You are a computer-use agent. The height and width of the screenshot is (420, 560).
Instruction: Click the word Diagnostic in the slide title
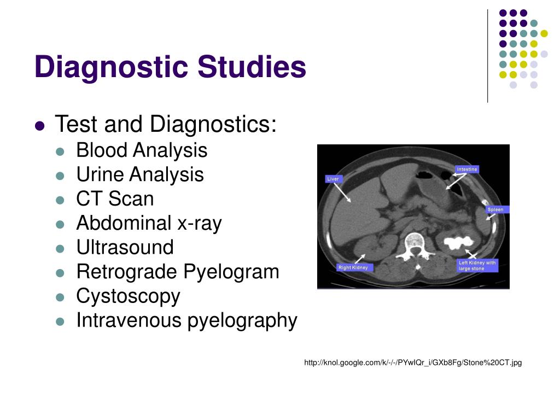coord(111,67)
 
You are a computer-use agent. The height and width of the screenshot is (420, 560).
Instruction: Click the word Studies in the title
coord(252,66)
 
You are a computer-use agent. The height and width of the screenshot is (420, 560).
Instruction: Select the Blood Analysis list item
coord(142,150)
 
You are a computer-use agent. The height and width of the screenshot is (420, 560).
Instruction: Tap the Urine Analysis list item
coord(140,174)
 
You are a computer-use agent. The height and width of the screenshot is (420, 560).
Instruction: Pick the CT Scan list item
coord(115,199)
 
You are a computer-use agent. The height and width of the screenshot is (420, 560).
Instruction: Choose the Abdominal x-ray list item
coord(149,223)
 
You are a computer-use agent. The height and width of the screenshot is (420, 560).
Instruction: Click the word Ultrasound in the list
coord(125,247)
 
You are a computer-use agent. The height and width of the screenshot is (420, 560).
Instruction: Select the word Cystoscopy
coord(128,296)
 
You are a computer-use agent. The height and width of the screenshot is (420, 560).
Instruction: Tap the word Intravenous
coord(129,320)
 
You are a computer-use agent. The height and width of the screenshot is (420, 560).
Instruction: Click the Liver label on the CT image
coord(333,179)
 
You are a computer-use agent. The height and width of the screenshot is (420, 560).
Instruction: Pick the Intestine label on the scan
coord(467,170)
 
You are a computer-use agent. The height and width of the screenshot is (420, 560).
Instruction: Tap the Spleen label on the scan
coord(495,209)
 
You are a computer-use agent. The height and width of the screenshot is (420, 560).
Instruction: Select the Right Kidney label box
coord(353,267)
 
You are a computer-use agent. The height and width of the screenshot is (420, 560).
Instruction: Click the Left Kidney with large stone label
coord(477,265)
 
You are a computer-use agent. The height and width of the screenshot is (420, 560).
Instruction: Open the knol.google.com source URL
coord(413,363)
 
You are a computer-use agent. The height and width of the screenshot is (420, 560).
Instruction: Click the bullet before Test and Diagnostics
coord(40,126)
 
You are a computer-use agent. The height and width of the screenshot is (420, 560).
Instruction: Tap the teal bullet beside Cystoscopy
coord(60,297)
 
